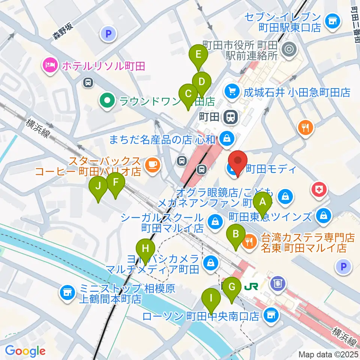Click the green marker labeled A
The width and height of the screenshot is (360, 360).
(x=262, y=203)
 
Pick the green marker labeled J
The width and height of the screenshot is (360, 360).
(x=98, y=186)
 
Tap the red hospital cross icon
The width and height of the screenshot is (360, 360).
(x=319, y=190)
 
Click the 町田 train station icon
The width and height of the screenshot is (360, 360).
(x=230, y=117)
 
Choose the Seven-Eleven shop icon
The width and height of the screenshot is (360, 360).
(x=332, y=21)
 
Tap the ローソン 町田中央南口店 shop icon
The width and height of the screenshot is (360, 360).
(x=271, y=316)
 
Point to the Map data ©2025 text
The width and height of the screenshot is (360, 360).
(x=328, y=354)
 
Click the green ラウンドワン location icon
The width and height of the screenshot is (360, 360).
(x=107, y=101)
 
